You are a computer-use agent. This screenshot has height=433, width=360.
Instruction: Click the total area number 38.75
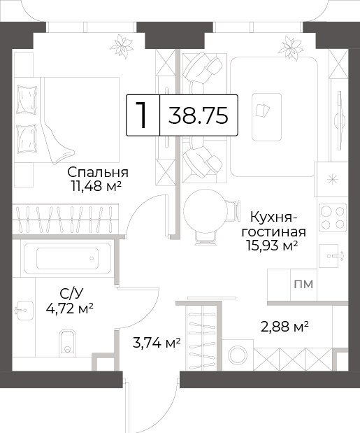point(198,115)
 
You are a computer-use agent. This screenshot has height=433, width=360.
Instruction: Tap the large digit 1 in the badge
point(142,115)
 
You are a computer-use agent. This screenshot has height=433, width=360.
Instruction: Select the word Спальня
point(98,173)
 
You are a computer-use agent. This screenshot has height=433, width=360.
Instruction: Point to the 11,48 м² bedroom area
point(96,187)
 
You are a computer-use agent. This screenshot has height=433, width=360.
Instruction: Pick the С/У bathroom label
point(71,294)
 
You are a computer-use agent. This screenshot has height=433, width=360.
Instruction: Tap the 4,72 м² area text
point(69,308)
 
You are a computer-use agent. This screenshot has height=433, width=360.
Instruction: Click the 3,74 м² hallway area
point(157,343)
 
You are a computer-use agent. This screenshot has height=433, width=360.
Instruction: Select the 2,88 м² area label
point(285,327)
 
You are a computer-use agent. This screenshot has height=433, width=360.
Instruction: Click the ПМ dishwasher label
point(303,284)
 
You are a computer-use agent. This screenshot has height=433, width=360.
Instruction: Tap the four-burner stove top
point(333,218)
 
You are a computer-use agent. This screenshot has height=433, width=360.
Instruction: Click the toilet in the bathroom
point(67,342)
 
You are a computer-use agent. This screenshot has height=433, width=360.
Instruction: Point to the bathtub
point(68,259)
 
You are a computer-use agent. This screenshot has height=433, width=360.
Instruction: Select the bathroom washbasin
point(25,310)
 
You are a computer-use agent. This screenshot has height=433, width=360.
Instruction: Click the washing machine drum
point(238,355)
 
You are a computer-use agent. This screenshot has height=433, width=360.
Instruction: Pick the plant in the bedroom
point(122,46)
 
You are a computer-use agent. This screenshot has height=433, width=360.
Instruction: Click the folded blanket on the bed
point(58,141)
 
